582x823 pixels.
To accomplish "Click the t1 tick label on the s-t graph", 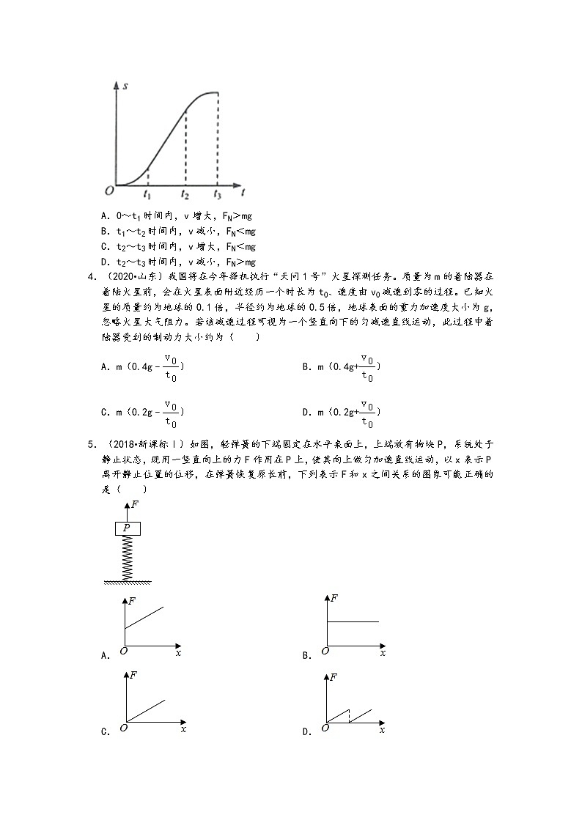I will pos(147,195).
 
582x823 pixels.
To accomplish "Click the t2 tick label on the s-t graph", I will pos(185,195).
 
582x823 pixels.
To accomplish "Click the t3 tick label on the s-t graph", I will pos(217,195).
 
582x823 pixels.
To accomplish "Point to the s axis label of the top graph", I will pos(126,86).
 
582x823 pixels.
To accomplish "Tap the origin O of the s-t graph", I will pos(108,191).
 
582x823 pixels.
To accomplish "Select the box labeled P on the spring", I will pos(127,528).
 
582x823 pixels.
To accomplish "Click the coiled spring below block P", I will pos(127,557).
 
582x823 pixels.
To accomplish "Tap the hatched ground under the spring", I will pos(127,583).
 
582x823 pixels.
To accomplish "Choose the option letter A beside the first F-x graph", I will pos(105,656).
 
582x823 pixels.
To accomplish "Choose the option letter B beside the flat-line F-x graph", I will pos(306,656).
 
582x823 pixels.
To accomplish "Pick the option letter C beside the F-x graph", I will pos(105,731).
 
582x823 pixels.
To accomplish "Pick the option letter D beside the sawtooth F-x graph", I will pos(306,731).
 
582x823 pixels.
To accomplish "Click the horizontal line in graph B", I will pos(352,621).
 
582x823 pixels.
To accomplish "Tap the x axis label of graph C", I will pos(183,729).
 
